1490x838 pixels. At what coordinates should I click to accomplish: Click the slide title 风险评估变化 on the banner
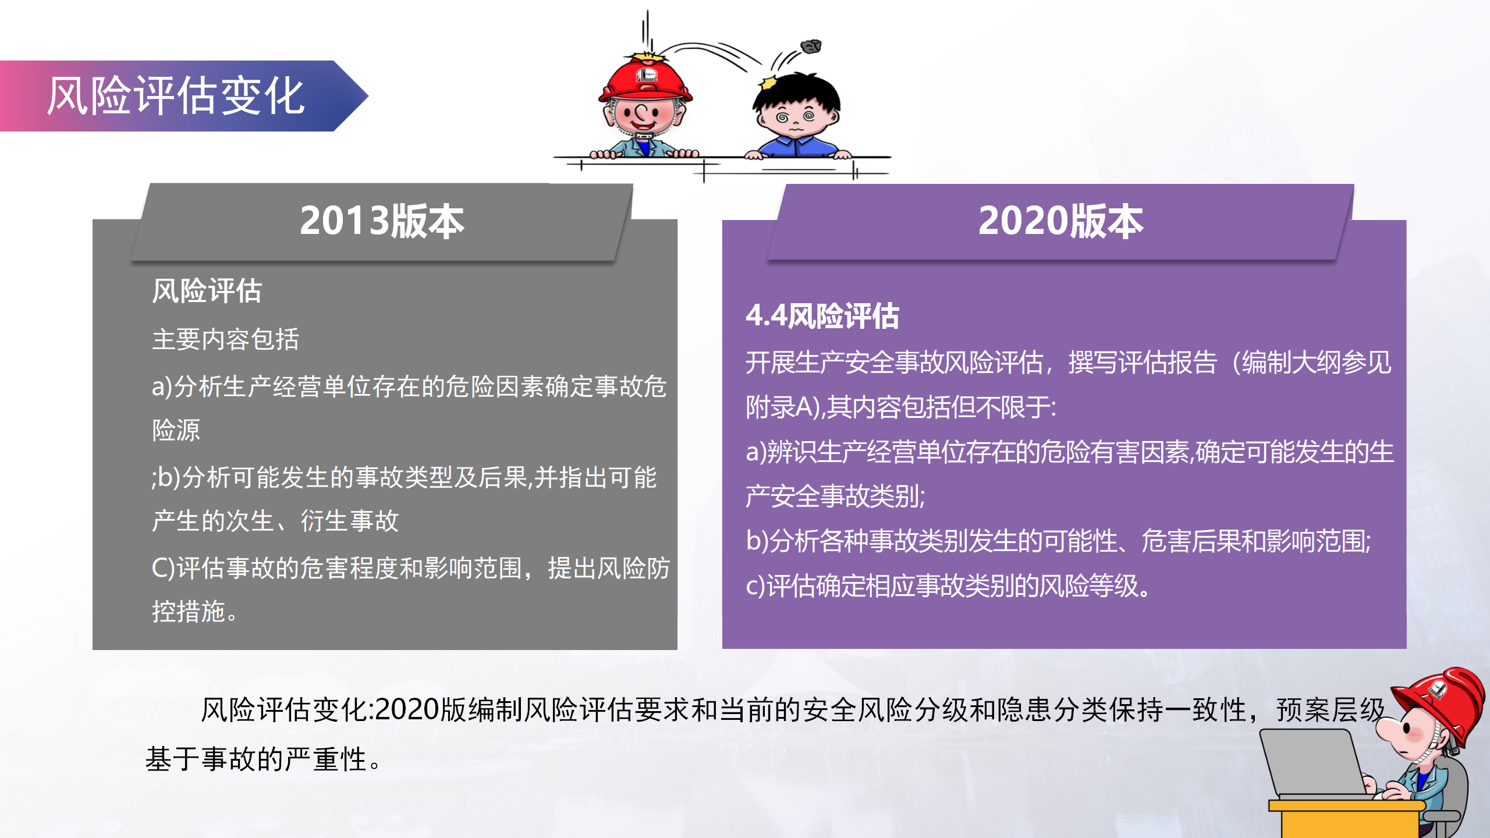[x=176, y=96]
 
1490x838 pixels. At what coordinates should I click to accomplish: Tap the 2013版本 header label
[x=382, y=221]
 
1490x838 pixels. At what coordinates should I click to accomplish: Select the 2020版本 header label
[x=1060, y=221]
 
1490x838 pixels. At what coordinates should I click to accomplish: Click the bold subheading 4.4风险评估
[x=822, y=316]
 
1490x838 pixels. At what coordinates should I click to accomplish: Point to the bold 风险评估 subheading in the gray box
[x=207, y=290]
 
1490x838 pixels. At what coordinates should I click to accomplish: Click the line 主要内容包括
[x=226, y=339]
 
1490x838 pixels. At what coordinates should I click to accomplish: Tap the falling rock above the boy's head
[x=811, y=46]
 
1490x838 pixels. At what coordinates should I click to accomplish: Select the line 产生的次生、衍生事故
[x=275, y=521]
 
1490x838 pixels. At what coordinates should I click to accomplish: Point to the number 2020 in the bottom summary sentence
[x=407, y=710]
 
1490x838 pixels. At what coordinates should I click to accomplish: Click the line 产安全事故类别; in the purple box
[x=836, y=496]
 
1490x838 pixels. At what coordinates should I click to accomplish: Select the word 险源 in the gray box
[x=176, y=430]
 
